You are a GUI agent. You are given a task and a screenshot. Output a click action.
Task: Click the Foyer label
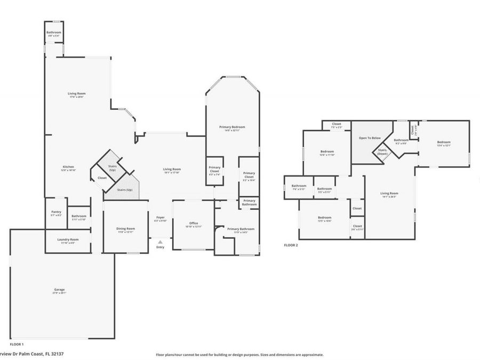(x=160, y=219)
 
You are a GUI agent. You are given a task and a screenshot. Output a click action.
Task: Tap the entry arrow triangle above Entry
(x=160, y=242)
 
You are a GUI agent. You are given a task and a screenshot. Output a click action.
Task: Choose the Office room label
(x=194, y=225)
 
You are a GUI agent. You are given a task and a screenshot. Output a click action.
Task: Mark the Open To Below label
(x=370, y=138)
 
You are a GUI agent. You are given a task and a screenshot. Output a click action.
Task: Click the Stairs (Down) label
(x=382, y=151)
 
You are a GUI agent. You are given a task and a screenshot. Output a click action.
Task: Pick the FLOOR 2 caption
(x=291, y=245)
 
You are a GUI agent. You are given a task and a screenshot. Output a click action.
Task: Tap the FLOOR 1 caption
(x=17, y=345)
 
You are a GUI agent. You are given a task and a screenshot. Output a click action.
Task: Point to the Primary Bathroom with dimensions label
(x=241, y=230)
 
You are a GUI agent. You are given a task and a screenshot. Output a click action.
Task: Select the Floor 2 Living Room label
(x=389, y=195)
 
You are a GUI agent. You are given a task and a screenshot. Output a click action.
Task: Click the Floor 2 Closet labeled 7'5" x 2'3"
(x=337, y=125)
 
